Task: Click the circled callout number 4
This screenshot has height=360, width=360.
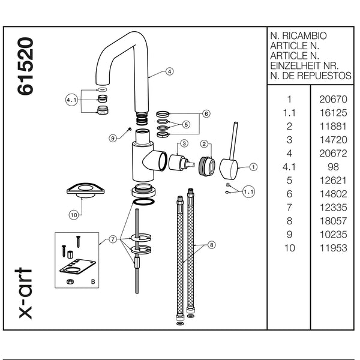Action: [x=169, y=71]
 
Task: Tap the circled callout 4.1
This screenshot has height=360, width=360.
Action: [x=71, y=100]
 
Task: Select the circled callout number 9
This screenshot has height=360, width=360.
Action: [x=113, y=138]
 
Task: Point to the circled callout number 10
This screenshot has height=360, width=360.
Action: [x=74, y=215]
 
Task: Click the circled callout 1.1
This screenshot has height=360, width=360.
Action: [x=248, y=191]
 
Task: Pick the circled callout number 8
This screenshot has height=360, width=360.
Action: [x=211, y=245]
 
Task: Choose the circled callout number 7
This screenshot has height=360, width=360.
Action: [x=113, y=239]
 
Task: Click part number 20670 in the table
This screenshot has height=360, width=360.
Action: [x=333, y=99]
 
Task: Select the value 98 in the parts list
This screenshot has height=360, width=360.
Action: [x=333, y=167]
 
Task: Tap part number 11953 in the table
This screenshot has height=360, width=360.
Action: [x=334, y=248]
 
